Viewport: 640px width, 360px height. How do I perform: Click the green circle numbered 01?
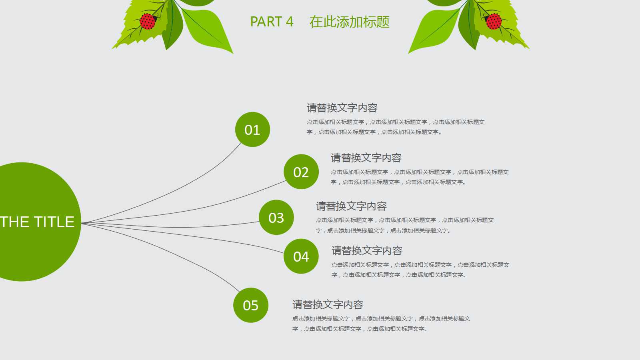(x=252, y=130)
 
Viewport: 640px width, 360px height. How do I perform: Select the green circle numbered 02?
(x=301, y=172)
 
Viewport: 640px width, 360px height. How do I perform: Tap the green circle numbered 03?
(x=276, y=218)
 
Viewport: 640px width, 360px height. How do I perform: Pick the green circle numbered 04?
(x=301, y=256)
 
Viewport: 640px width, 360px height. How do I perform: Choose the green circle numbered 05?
(x=251, y=305)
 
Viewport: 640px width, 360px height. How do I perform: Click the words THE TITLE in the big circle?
(x=37, y=222)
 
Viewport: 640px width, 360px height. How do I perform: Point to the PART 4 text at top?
(x=272, y=22)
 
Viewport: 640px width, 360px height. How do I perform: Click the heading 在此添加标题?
(x=349, y=22)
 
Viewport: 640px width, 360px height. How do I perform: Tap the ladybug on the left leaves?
(x=148, y=21)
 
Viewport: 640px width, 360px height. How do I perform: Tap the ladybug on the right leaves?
(x=494, y=21)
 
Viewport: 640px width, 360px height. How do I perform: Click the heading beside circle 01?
(x=342, y=108)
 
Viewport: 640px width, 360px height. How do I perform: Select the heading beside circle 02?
(x=366, y=158)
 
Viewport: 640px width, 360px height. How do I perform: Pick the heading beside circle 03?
(x=351, y=206)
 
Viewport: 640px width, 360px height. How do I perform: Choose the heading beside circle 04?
(x=367, y=250)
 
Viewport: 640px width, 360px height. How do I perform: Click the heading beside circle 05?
(x=328, y=304)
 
